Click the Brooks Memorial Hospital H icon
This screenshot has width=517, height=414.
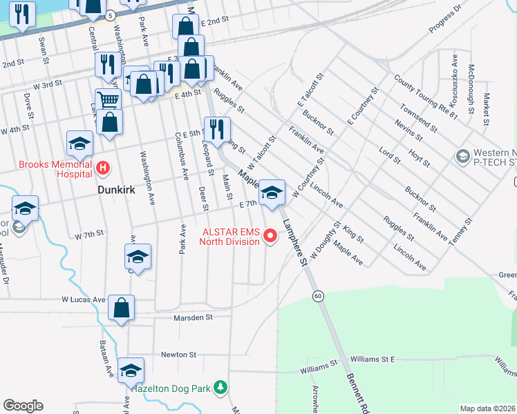pyautogui.click(x=103, y=167)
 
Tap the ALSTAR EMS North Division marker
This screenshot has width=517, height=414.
pyautogui.click(x=271, y=237)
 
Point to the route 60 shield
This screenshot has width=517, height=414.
pyautogui.click(x=317, y=296)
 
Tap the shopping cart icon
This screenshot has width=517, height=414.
pyautogui.click(x=108, y=99)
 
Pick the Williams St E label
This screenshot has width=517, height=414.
pyautogui.click(x=372, y=359)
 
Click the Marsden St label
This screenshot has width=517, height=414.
pyautogui.click(x=193, y=317)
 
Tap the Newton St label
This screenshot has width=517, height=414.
pyautogui.click(x=178, y=354)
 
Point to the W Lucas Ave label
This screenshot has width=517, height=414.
pyautogui.click(x=83, y=300)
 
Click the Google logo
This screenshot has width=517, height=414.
pyautogui.click(x=23, y=406)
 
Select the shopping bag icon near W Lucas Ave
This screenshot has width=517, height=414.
pyautogui.click(x=121, y=308)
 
